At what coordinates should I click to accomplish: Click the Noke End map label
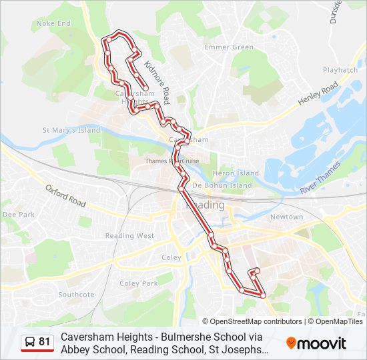(x=53, y=23)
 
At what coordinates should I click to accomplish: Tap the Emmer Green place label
(x=229, y=47)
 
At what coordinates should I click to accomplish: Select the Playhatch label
(x=340, y=69)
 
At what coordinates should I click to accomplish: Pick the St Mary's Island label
(x=71, y=130)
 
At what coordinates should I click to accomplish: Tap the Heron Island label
(x=235, y=173)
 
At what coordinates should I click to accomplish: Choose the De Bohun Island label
(x=222, y=185)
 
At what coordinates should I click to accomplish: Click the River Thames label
(x=320, y=181)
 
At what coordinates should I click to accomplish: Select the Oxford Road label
(x=66, y=195)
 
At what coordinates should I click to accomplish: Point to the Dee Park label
(x=18, y=215)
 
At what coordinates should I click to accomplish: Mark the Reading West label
(x=129, y=235)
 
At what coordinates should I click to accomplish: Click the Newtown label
(x=286, y=217)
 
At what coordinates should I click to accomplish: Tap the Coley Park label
(x=138, y=283)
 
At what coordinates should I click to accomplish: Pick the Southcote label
(x=76, y=294)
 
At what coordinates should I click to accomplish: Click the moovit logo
(x=316, y=343)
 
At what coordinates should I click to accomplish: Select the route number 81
(x=45, y=342)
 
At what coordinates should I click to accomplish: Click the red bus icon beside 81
(x=30, y=343)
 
